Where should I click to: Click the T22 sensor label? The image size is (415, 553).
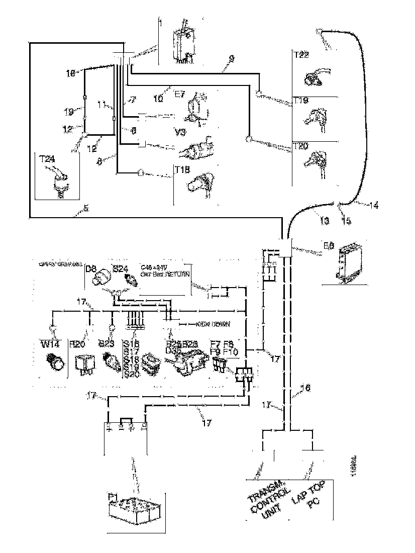[302, 55]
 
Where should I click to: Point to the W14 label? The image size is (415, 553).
[49, 344]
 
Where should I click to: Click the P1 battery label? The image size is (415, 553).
[113, 497]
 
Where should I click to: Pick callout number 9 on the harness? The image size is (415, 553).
[231, 59]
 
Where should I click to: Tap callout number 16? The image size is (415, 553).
[305, 388]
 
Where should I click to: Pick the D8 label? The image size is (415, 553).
[91, 269]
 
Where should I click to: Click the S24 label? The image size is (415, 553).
[120, 270]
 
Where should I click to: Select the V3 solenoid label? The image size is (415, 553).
[181, 132]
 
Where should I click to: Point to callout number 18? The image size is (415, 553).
[70, 73]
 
